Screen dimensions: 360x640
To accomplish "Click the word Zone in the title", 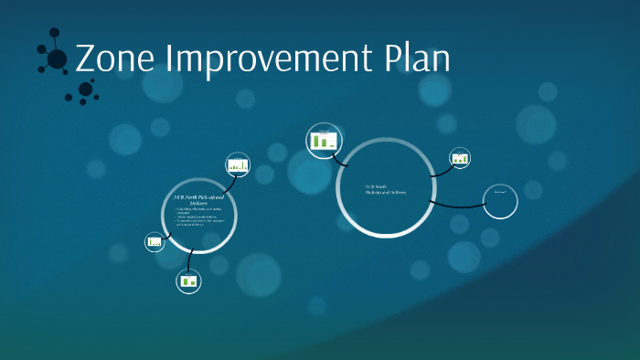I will click(115, 58).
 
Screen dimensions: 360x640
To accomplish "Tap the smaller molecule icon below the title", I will click(85, 90).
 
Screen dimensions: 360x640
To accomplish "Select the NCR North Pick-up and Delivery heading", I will click(198, 199).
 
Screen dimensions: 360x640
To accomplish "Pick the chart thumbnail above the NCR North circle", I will click(239, 165).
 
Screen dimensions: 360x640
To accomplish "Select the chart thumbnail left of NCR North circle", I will click(155, 242).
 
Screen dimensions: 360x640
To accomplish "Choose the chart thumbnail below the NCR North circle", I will click(188, 281).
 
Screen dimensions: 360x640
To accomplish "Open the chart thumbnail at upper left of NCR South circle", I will click(322, 140).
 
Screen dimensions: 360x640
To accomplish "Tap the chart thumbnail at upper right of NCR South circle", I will click(460, 158).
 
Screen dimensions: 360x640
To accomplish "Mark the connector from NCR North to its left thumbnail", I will click(165, 235).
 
